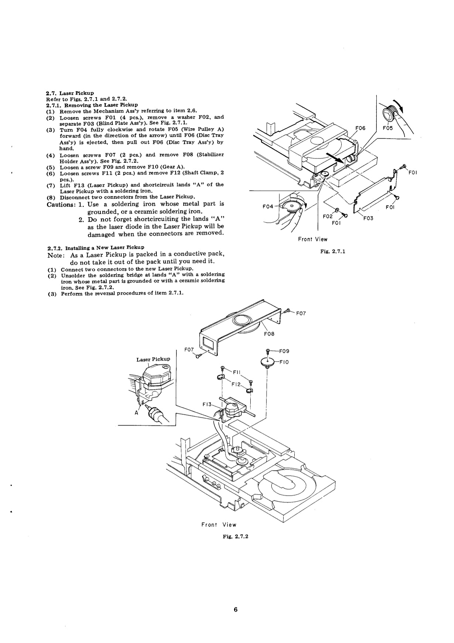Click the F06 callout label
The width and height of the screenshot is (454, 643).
pos(360,128)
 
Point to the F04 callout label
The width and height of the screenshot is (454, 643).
pos(268,206)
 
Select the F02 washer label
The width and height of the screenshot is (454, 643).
pos(328,216)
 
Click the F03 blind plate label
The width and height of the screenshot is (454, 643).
pos(368,218)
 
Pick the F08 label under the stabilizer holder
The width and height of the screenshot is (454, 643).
pos(269,334)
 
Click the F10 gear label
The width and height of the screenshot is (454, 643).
pos(284,362)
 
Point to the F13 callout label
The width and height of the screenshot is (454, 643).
pos(207,404)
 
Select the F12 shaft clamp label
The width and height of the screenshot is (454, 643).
pos(236,384)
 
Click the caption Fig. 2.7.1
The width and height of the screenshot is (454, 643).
pos(333,252)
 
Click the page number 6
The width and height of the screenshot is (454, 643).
pos(235,610)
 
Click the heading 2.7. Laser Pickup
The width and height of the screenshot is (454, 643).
pos(70,93)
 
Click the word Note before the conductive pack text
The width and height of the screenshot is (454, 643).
pos(56,254)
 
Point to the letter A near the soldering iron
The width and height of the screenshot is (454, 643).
pos(136,413)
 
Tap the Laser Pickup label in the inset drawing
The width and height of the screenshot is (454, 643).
pos(153,359)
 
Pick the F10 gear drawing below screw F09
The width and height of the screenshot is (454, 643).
pos(267,363)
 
